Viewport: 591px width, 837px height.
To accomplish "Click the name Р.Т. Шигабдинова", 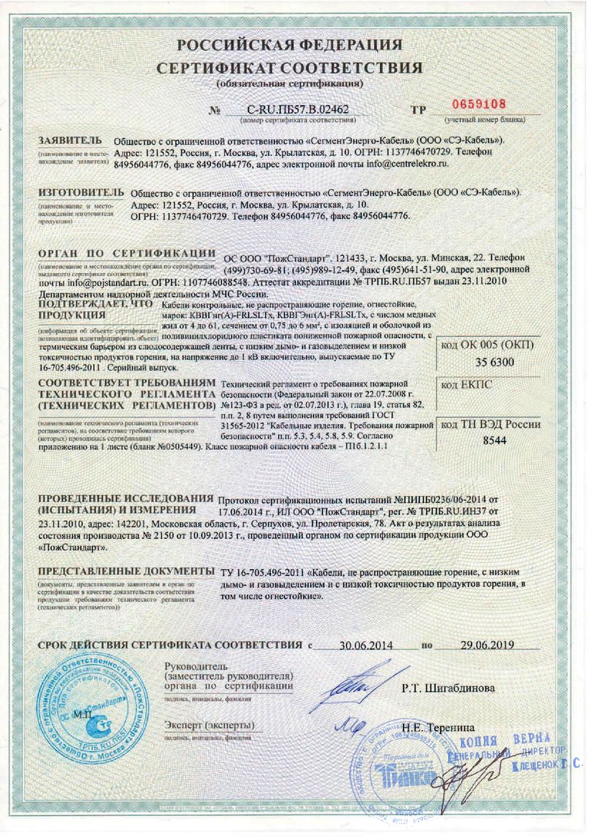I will point(448,688).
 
